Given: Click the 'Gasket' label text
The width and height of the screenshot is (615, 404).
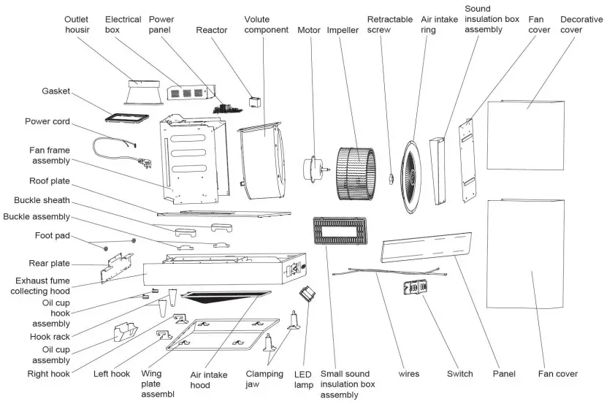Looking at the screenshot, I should (x=55, y=91).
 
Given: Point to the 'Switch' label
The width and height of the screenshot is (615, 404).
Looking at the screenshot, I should (x=459, y=373).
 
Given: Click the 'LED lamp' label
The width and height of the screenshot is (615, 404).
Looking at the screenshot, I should (x=305, y=379).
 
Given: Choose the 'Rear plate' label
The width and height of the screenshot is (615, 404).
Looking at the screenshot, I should (x=49, y=263).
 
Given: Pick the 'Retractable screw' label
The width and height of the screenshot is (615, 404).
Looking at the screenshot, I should (x=390, y=25).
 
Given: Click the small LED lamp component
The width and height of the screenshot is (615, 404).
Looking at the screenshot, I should (x=307, y=294).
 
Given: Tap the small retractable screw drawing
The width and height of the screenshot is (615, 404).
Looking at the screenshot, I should (x=391, y=178).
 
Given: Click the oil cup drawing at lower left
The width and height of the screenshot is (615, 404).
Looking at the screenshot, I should (x=123, y=332).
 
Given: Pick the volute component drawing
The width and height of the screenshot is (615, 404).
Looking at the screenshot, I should (x=260, y=161).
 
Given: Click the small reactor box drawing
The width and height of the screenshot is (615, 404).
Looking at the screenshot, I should (x=255, y=101).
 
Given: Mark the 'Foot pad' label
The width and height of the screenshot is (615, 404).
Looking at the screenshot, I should (x=53, y=235).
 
